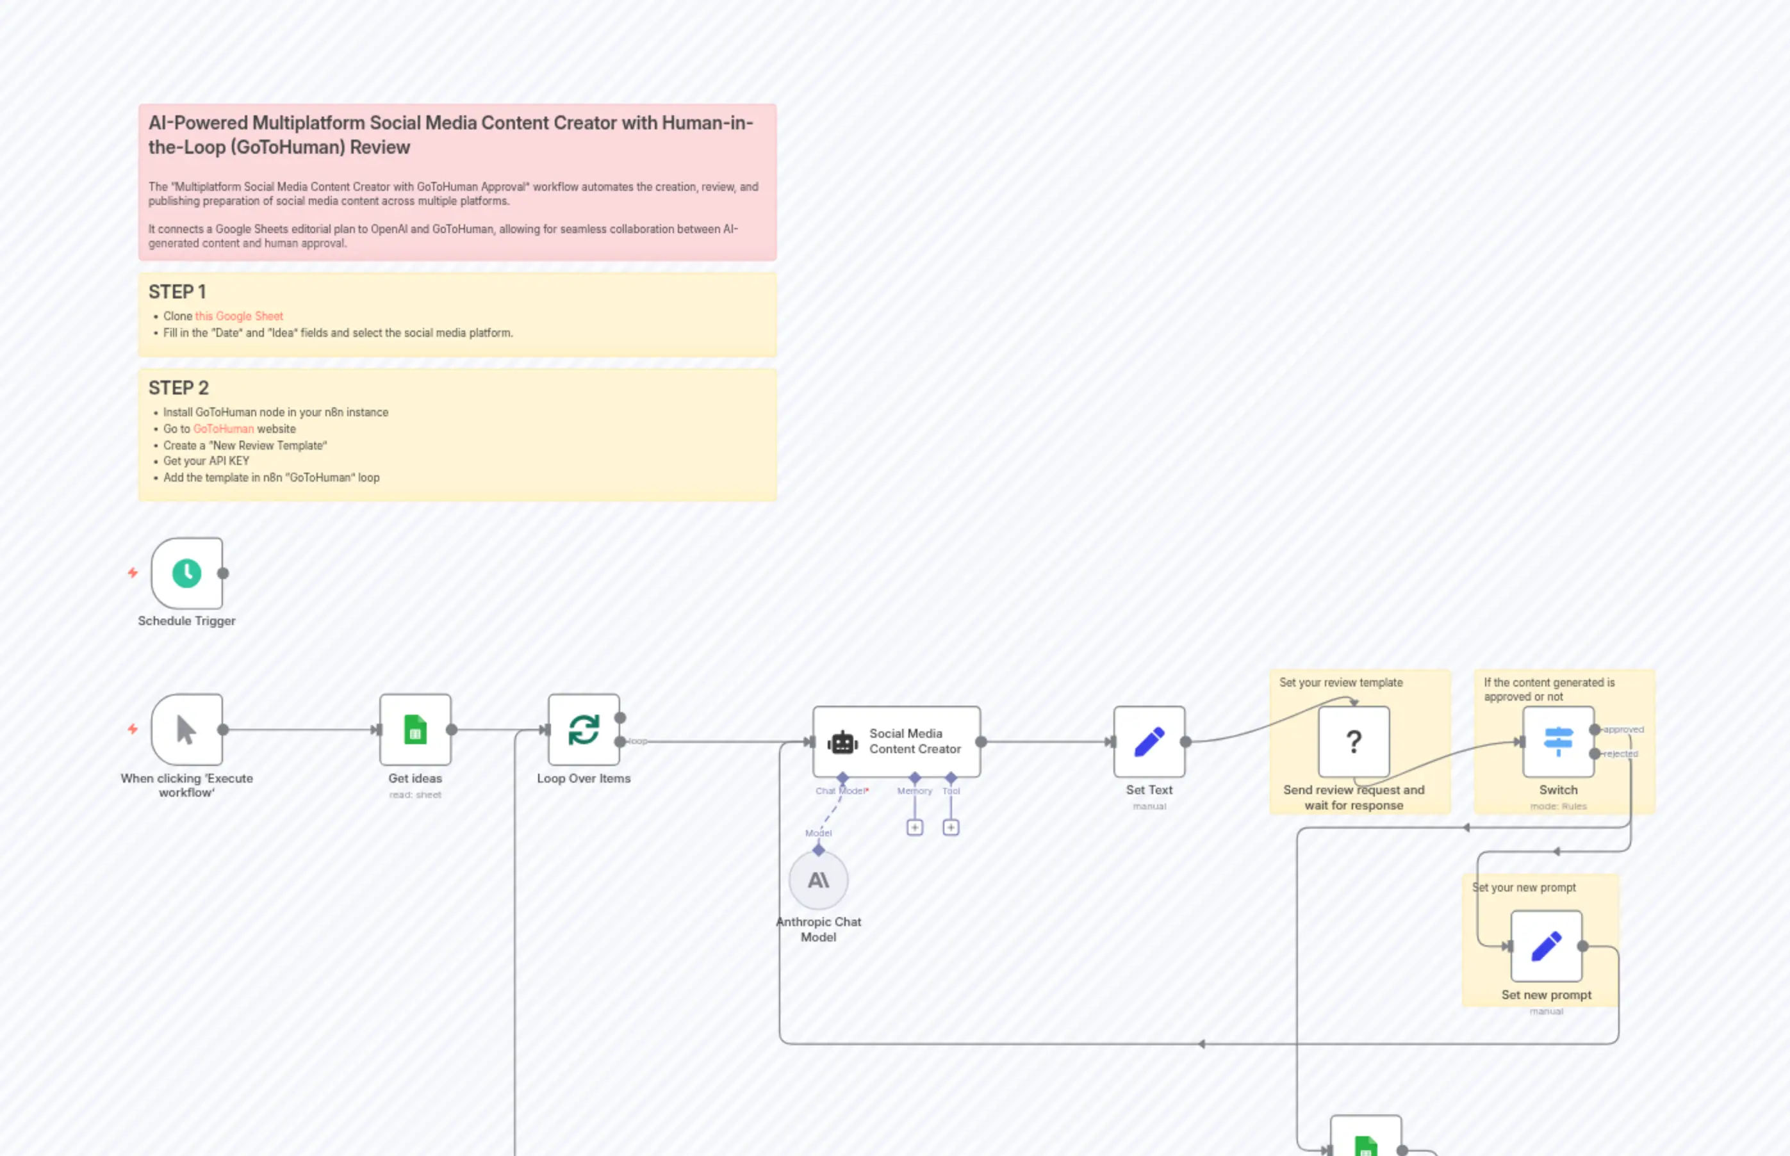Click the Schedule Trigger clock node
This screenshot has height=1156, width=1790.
(x=186, y=573)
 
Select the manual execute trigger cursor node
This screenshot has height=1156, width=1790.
(x=186, y=729)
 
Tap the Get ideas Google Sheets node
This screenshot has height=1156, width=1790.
(x=415, y=729)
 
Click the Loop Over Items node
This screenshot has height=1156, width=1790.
(x=584, y=729)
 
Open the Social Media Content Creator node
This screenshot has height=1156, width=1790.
(x=896, y=741)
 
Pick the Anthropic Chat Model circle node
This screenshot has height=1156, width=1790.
(x=818, y=880)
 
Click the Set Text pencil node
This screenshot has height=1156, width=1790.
(x=1149, y=741)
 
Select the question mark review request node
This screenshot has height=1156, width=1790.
(x=1353, y=741)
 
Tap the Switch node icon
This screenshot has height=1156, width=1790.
(x=1558, y=741)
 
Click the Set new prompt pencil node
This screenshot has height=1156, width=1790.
(x=1546, y=946)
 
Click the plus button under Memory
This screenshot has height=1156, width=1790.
(x=914, y=827)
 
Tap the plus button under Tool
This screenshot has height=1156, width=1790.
(x=951, y=827)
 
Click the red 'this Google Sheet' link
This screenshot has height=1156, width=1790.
(x=239, y=316)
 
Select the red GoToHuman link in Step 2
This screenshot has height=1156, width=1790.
(x=223, y=428)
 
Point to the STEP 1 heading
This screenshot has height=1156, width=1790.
(x=177, y=291)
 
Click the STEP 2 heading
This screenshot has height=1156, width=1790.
(x=179, y=387)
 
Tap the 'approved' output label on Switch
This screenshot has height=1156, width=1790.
(x=1623, y=729)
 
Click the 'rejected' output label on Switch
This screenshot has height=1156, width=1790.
(x=1620, y=753)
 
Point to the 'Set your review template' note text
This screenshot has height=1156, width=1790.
(x=1340, y=682)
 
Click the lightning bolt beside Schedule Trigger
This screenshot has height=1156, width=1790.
(x=133, y=573)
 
